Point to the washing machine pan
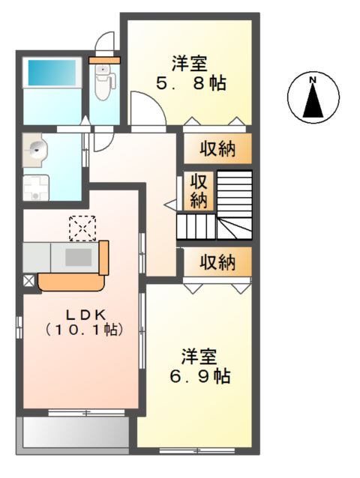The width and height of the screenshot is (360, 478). tap(34, 187)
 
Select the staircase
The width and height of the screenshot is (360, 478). tap(225, 205)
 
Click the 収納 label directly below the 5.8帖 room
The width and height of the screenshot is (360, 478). tap(217, 148)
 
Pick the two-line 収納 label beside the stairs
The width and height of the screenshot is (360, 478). tap(198, 190)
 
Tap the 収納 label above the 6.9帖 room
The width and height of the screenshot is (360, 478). tap(217, 262)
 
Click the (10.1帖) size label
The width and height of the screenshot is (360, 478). tap(82, 328)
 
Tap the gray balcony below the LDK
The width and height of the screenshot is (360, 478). tap(74, 432)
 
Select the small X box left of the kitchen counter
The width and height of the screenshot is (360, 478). tap(28, 282)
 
